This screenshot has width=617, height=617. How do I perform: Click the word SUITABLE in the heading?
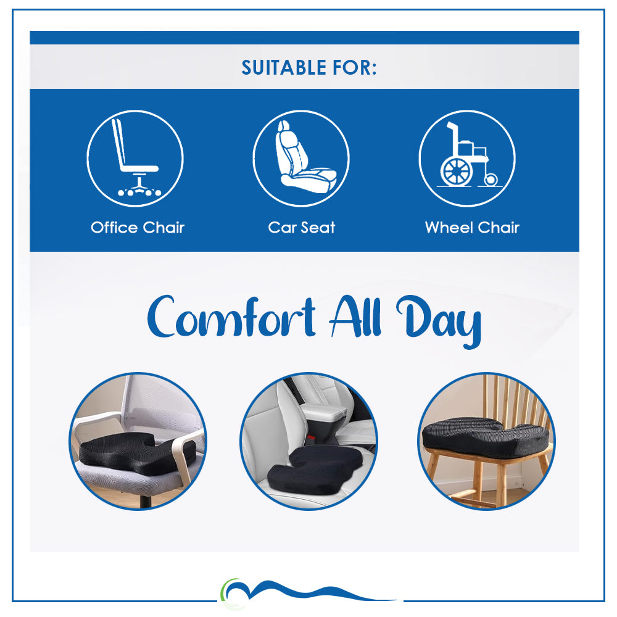pos(284,68)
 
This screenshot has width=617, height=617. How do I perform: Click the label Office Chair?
pos(138,228)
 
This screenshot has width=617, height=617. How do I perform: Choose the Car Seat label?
pos(302,228)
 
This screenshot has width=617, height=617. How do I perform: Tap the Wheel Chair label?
pos(472,228)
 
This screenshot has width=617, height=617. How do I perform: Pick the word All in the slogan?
pos(355,317)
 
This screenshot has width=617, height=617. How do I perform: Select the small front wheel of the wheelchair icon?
pos(491,180)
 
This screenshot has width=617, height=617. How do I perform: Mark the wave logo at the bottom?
pos(307,592)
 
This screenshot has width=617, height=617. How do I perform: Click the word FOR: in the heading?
pos(355,68)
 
